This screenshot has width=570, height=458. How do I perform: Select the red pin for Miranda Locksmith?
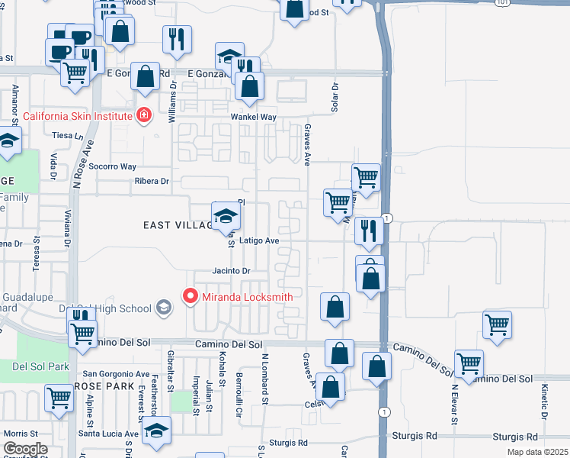pos(190,296)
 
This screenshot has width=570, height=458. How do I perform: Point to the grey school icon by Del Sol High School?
pos(162,308)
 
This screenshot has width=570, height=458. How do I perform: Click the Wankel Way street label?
pos(254,117)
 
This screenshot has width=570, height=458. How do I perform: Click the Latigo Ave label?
pos(259,240)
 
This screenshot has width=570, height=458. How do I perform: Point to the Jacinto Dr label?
pos(231,271)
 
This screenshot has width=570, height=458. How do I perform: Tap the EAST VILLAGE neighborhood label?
pos(178,225)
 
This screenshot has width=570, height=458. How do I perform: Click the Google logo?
pos(25,449)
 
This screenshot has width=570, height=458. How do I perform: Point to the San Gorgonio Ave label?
pos(116,374)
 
